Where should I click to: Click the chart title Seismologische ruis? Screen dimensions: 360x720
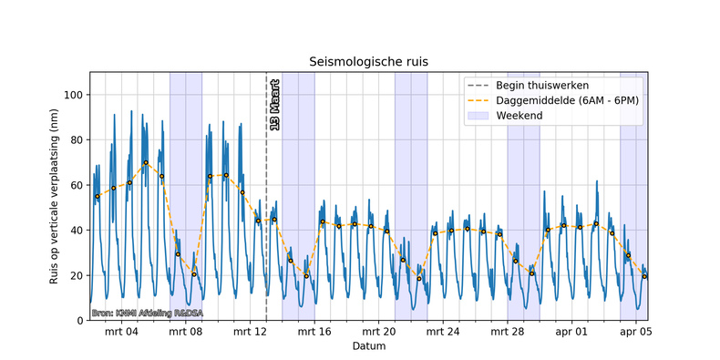368,62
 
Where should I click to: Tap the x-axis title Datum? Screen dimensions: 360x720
368,347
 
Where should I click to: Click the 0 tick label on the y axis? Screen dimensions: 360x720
79,321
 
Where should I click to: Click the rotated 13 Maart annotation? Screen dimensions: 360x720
274,109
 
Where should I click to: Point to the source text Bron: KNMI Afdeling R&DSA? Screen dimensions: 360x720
147,314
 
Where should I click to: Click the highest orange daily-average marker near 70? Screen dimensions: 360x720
146,163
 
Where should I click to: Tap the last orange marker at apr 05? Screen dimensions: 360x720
644,276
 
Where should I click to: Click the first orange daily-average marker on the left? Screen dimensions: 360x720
97,196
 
